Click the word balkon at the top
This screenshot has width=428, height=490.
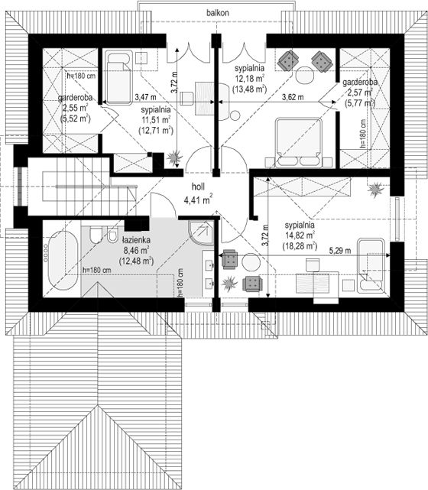pyautogui.click(x=217, y=13)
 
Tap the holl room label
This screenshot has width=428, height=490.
pyautogui.click(x=198, y=187)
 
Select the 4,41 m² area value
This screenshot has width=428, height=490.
pyautogui.click(x=199, y=200)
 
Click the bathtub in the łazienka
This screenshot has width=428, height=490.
pyautogui.click(x=63, y=261)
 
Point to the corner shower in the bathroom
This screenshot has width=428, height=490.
pyautogui.click(x=201, y=232)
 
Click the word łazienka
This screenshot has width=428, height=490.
pyautogui.click(x=136, y=240)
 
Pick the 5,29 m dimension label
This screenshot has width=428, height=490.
pyautogui.click(x=340, y=250)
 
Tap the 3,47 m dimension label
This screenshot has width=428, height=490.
pyautogui.click(x=145, y=97)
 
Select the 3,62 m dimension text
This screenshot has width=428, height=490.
pyautogui.click(x=293, y=97)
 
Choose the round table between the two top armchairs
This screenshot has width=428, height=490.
pyautogui.click(x=305, y=75)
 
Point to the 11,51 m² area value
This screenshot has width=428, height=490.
pyautogui.click(x=156, y=120)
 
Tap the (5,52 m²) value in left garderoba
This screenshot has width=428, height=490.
pyautogui.click(x=75, y=118)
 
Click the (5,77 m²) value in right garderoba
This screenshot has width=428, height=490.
pyautogui.click(x=359, y=102)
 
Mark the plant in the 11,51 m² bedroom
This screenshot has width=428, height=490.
pyautogui.click(x=174, y=157)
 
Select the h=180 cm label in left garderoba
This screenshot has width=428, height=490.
pyautogui.click(x=81, y=76)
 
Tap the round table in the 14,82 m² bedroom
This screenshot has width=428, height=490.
pyautogui.click(x=251, y=262)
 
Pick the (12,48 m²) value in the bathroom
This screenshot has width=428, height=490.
pyautogui.click(x=136, y=261)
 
